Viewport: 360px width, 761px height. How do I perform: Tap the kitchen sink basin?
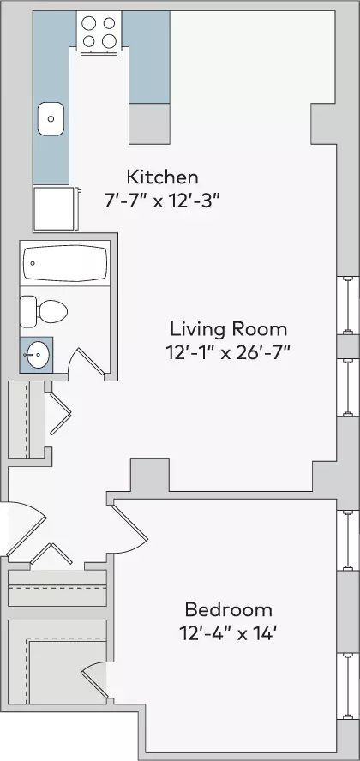click(x=51, y=119)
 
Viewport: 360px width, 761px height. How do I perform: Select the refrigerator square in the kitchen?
click(x=55, y=208)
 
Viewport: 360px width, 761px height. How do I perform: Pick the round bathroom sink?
click(x=36, y=354)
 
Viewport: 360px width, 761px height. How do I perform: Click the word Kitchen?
click(x=163, y=177)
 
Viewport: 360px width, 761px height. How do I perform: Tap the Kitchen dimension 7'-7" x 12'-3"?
click(x=163, y=201)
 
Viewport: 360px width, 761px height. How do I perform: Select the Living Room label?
click(x=228, y=329)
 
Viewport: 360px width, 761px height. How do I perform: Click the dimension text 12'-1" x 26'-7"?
click(x=228, y=353)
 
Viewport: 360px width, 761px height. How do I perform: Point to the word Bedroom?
click(x=229, y=609)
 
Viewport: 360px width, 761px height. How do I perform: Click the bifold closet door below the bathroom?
click(x=59, y=413)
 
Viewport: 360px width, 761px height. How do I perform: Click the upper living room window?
click(x=347, y=305)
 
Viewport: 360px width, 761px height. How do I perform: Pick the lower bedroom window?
click(x=347, y=686)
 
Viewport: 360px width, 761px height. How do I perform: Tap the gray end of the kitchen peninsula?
click(x=149, y=123)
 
